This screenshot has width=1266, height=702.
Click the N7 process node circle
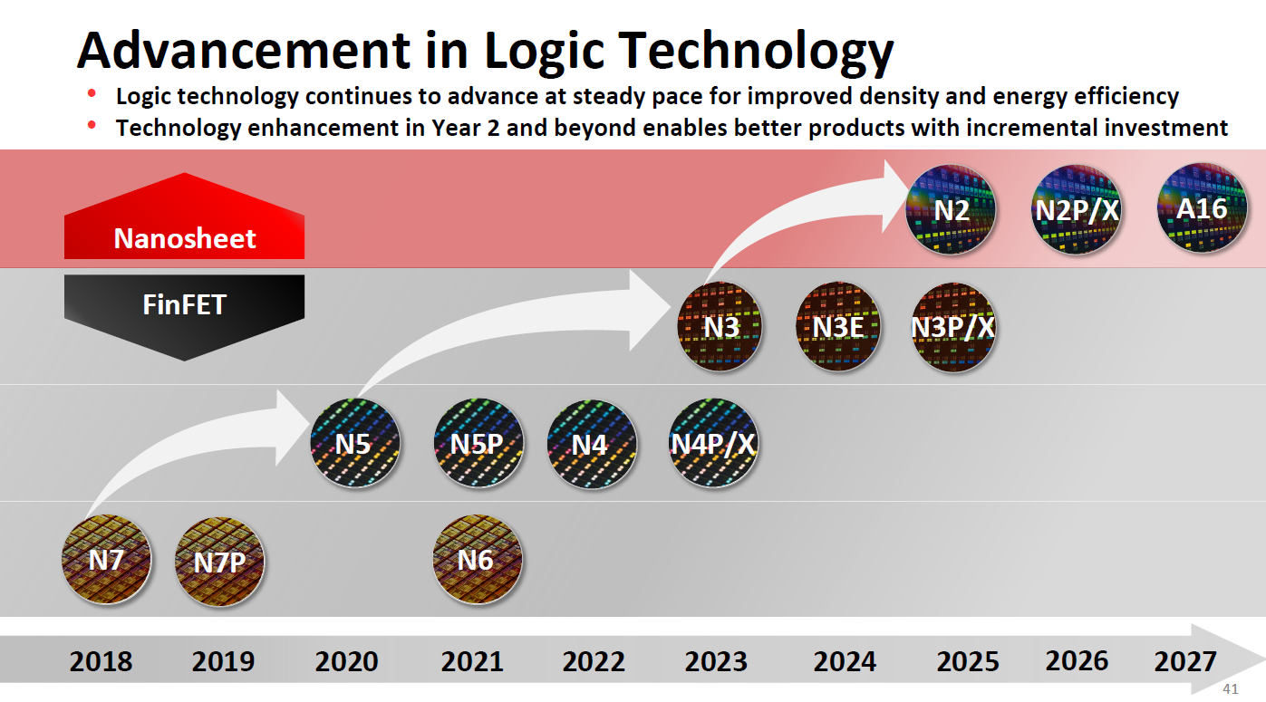click(105, 561)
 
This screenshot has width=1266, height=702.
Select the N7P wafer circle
click(219, 562)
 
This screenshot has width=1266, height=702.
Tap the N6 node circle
click(478, 560)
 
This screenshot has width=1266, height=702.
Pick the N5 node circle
click(355, 444)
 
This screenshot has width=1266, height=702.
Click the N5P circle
click(478, 444)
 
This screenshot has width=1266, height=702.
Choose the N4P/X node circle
click(713, 444)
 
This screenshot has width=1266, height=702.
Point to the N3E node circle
click(838, 326)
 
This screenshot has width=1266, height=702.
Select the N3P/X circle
click(953, 326)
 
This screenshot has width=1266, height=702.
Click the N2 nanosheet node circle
click(952, 210)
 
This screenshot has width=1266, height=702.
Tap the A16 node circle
click(1202, 208)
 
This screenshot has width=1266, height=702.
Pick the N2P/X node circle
click(1077, 210)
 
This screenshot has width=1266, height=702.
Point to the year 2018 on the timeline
click(101, 662)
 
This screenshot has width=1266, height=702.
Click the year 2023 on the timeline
click(716, 662)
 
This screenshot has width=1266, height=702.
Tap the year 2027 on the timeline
click(1185, 662)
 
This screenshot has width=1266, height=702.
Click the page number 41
click(1230, 689)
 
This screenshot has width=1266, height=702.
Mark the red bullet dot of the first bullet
click(92, 94)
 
